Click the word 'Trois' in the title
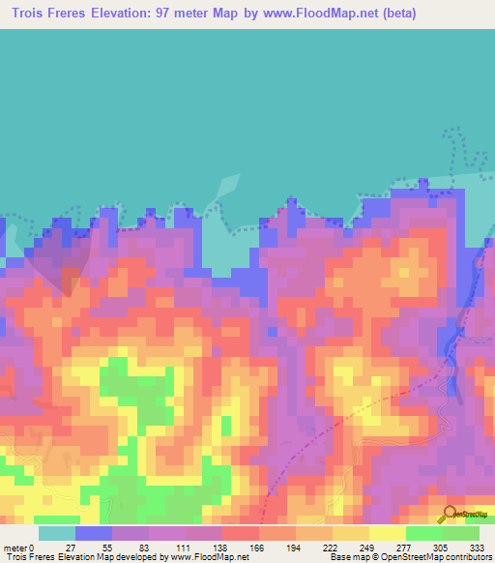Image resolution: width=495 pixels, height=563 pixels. (x=30, y=13)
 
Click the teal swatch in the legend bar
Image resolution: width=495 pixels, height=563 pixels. (x=56, y=533)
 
